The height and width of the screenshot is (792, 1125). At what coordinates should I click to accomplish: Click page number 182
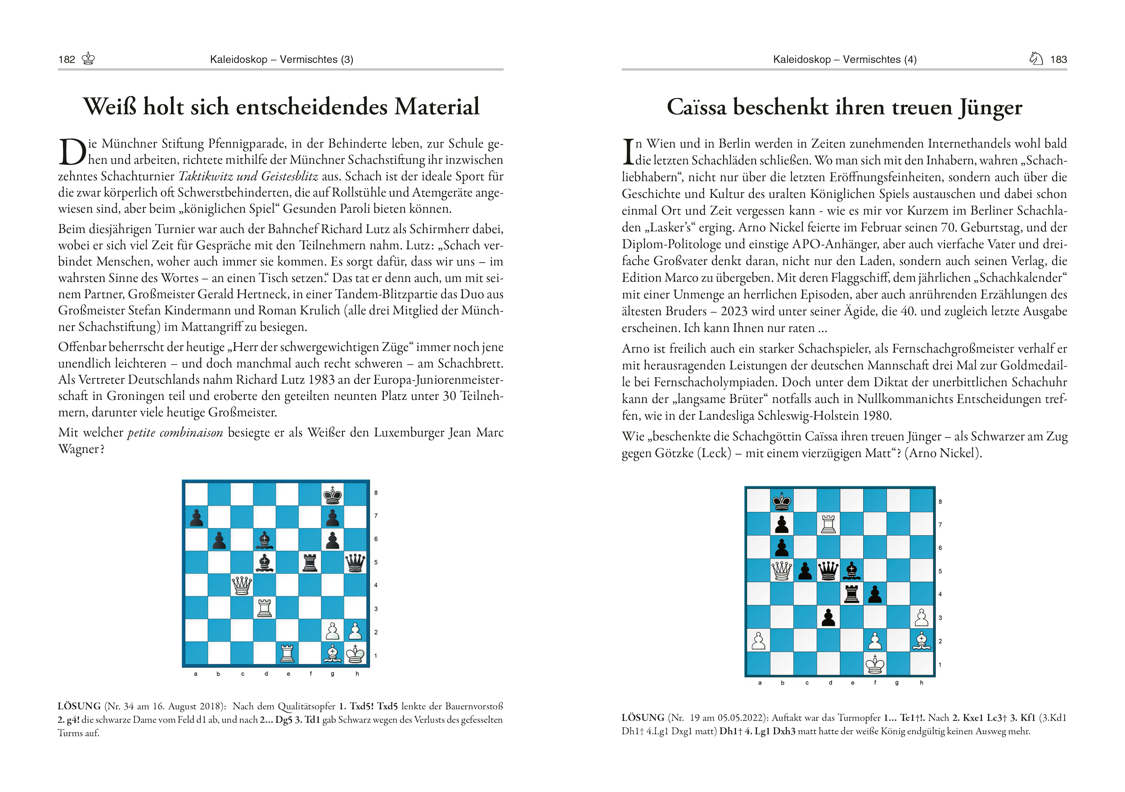point(67,60)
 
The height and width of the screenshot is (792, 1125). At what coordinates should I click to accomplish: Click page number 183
point(1058,60)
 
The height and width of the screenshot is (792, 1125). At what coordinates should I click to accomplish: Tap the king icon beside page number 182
point(88,59)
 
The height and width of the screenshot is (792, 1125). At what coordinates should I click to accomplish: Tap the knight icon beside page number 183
point(1036,59)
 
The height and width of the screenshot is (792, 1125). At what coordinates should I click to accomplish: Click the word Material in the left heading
point(437,107)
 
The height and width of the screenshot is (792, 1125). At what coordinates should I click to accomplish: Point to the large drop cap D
point(72,152)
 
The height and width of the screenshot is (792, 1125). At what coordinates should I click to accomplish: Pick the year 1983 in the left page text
point(321,380)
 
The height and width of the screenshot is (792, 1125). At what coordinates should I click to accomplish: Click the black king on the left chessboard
point(333,495)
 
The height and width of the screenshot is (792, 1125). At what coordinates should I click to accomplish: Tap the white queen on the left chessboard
point(242,585)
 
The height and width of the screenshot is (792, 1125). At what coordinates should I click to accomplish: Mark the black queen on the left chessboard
point(355,563)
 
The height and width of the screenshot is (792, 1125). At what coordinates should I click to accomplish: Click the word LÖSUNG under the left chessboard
point(79,706)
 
